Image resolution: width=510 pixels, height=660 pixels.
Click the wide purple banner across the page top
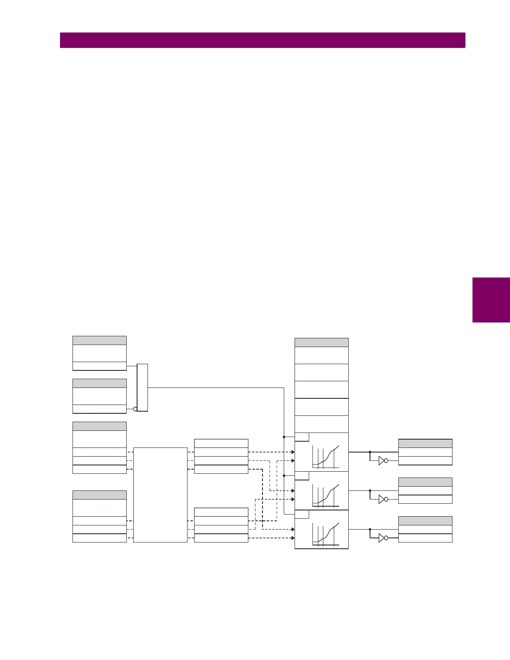262,40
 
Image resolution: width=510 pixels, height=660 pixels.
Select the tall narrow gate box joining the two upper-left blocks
142,387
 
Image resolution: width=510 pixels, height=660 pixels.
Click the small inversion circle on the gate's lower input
135,409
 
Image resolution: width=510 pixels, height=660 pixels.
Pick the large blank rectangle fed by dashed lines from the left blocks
160,495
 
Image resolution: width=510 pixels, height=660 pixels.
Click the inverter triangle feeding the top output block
382,460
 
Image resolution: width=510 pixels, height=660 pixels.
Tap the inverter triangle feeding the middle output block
382,499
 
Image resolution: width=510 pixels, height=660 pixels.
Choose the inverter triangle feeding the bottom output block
382,538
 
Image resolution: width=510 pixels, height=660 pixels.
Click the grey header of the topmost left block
100,340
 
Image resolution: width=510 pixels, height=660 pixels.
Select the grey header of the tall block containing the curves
322,342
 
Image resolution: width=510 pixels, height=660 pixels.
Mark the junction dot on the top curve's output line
370,452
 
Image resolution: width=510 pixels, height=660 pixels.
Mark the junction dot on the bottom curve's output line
370,529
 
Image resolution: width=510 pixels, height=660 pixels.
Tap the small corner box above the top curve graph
302,437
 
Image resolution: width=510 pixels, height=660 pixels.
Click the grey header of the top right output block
425,443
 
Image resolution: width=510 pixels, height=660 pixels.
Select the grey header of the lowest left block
100,495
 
